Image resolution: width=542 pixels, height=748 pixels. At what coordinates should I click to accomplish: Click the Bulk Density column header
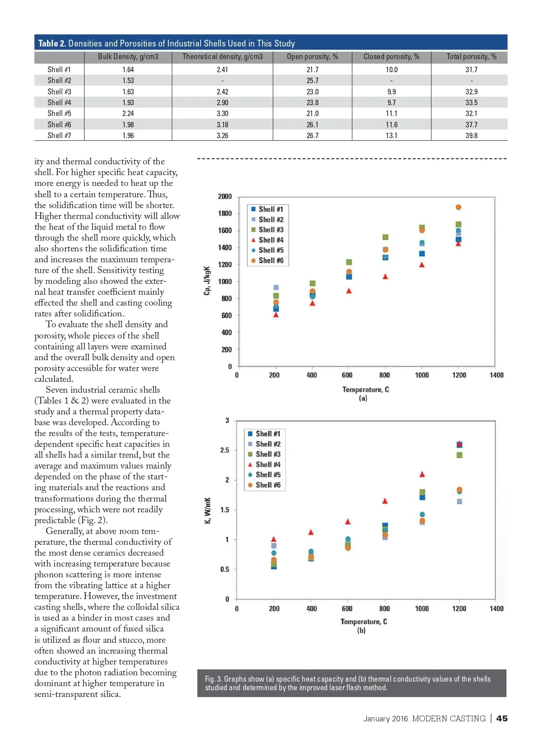[x=128, y=57]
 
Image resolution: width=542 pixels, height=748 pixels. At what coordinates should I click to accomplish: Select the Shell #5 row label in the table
[x=59, y=114]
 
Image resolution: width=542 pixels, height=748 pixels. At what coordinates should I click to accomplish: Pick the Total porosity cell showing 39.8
[x=471, y=135]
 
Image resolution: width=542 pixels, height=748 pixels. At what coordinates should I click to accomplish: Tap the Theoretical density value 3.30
[x=222, y=114]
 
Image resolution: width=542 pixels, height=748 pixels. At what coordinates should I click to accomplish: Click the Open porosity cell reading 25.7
[x=312, y=80]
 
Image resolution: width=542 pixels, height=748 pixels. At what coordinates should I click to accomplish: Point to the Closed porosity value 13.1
[x=391, y=135]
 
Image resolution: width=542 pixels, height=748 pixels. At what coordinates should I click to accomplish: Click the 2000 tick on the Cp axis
[x=224, y=196]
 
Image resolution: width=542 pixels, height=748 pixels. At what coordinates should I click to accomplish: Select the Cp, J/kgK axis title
[x=207, y=280]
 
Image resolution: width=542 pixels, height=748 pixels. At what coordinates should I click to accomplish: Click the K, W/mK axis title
[x=207, y=511]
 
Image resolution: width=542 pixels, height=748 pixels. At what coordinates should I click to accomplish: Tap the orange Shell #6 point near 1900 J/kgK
[x=458, y=207]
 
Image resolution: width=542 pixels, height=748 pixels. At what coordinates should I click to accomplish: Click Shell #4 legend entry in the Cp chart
[x=271, y=240]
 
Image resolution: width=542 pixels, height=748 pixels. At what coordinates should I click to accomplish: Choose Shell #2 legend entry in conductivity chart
[x=268, y=444]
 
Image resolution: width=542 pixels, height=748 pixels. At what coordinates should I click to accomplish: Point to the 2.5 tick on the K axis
[x=224, y=451]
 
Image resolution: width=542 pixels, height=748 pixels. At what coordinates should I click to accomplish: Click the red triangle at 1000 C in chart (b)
[x=422, y=474]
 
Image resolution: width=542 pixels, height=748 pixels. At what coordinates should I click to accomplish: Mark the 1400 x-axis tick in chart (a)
[x=496, y=375]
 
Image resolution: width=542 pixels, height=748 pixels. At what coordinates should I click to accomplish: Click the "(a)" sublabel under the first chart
[x=363, y=398]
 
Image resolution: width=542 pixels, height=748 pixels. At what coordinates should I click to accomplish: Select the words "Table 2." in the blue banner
[x=52, y=43]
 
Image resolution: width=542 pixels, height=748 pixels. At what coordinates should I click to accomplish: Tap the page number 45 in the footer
[x=502, y=718]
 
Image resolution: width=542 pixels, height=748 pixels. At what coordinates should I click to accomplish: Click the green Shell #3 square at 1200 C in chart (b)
[x=459, y=455]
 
